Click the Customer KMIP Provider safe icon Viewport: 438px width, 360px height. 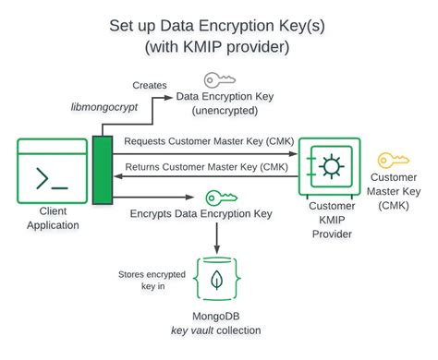point(329,169)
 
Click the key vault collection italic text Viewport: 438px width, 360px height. point(216,330)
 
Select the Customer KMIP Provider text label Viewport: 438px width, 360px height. point(330,224)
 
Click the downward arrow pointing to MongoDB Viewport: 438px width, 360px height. point(216,238)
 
